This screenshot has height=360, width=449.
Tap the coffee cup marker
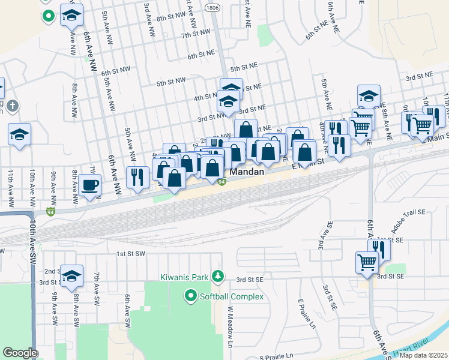(x=90, y=185)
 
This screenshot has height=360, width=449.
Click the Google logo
(x=20, y=353)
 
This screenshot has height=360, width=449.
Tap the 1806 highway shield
(x=211, y=8)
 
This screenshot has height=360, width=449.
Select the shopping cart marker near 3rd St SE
(x=367, y=262)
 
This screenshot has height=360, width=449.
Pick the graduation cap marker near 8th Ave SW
(x=71, y=275)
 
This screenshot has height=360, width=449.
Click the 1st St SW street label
(x=131, y=254)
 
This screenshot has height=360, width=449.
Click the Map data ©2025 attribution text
(x=423, y=355)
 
